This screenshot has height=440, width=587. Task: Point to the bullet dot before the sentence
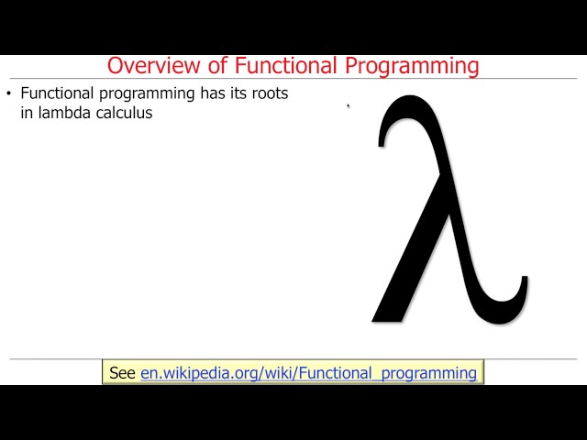tap(9, 93)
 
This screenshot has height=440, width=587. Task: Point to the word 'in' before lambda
tap(27, 114)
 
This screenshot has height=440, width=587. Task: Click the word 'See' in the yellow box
tap(122, 373)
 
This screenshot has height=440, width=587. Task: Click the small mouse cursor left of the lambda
tap(348, 106)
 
